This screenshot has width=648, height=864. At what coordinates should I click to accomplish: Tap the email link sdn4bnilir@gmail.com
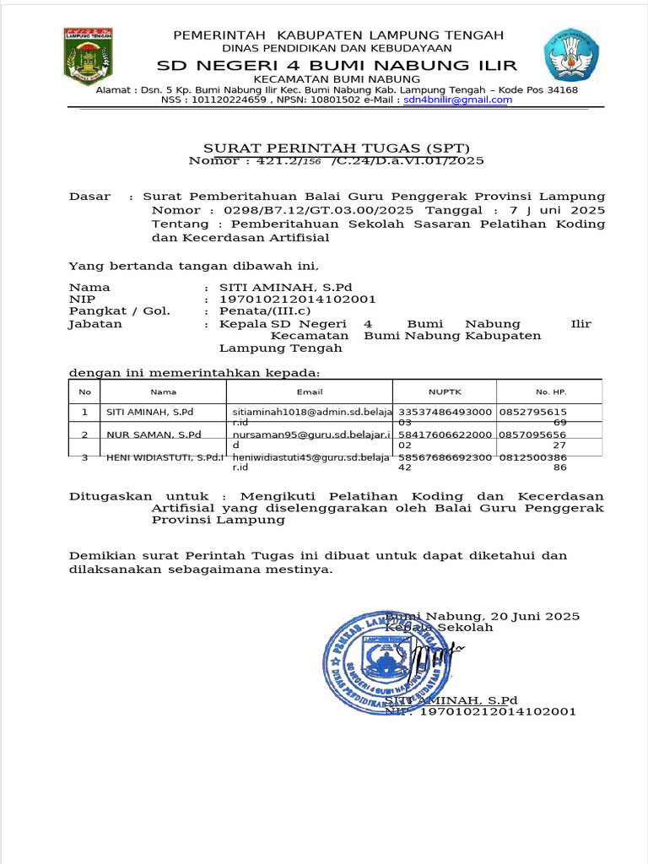coord(457,100)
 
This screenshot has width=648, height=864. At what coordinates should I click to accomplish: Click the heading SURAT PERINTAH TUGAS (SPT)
coord(336,148)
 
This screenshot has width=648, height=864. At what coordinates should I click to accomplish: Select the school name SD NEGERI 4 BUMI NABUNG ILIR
coord(337,66)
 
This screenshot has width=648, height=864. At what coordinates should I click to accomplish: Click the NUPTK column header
coord(445,391)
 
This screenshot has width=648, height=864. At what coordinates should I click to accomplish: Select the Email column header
coord(310,391)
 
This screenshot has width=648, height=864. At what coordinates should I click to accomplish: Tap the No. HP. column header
coord(549,391)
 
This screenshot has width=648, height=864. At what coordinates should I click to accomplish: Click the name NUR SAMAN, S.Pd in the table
coord(153,435)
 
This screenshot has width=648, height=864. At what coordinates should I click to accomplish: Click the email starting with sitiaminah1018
coord(311,412)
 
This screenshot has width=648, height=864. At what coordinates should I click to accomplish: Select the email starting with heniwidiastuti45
coord(311,457)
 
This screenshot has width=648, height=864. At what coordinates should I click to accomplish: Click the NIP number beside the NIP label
coord(297,299)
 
